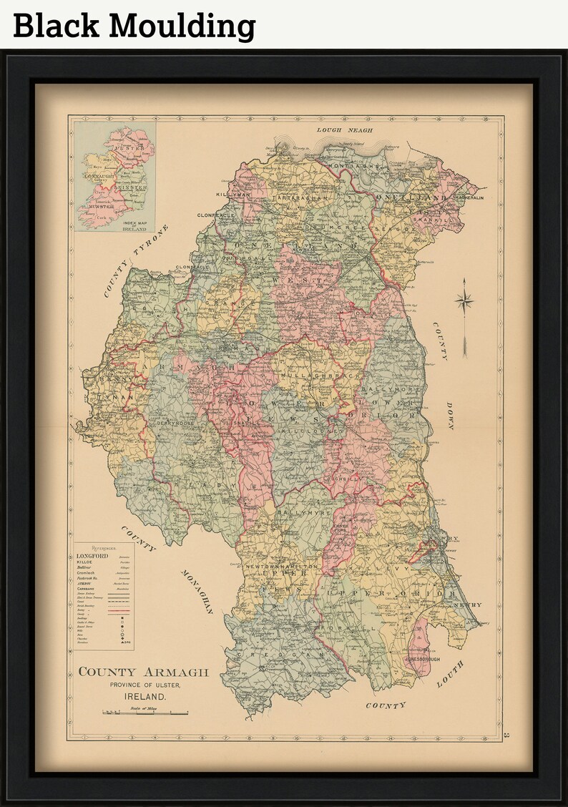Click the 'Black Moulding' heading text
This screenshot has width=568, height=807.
[134, 26]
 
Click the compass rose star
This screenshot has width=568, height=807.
[464, 301]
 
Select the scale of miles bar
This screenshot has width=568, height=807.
[145, 713]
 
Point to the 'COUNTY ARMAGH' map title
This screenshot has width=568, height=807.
[143, 672]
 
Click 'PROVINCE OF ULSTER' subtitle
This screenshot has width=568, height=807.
[145, 685]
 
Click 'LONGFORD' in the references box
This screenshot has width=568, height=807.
[91, 556]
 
